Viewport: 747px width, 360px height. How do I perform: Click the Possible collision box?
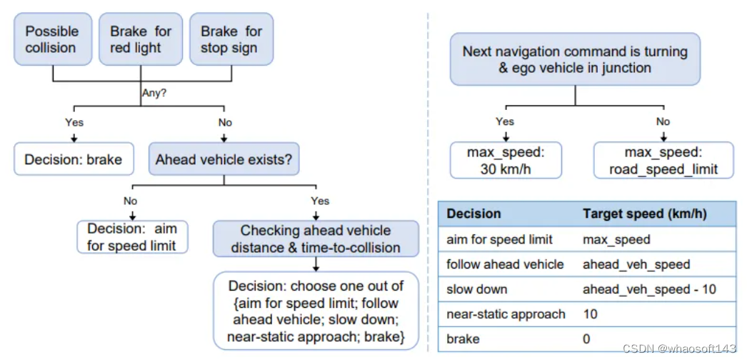(53, 39)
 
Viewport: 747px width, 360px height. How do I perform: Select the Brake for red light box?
(141, 39)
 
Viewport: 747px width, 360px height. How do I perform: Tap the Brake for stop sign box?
(231, 39)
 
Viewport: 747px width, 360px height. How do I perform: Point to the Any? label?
(154, 94)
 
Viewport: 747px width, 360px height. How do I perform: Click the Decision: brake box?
(74, 159)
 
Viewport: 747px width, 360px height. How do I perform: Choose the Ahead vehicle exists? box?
(224, 159)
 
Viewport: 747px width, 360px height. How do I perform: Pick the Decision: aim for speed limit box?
(132, 236)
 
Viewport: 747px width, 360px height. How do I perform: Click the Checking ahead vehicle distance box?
(316, 239)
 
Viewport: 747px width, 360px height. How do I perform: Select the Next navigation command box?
(575, 59)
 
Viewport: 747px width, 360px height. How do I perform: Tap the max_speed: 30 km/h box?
(506, 160)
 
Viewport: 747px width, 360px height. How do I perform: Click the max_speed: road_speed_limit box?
(663, 160)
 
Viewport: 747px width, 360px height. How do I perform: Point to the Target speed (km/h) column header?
(645, 214)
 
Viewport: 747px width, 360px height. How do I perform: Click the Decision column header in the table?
(473, 214)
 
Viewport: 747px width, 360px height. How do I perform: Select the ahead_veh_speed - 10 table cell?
(649, 289)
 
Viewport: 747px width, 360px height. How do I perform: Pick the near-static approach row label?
(506, 314)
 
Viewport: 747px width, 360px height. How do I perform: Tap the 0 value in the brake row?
(586, 339)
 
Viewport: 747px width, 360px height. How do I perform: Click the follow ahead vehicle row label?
(505, 264)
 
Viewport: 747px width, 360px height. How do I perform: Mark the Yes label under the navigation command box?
(505, 121)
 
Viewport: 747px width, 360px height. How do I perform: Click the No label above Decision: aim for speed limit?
(131, 201)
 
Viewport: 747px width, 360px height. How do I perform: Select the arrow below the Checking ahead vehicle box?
(316, 264)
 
